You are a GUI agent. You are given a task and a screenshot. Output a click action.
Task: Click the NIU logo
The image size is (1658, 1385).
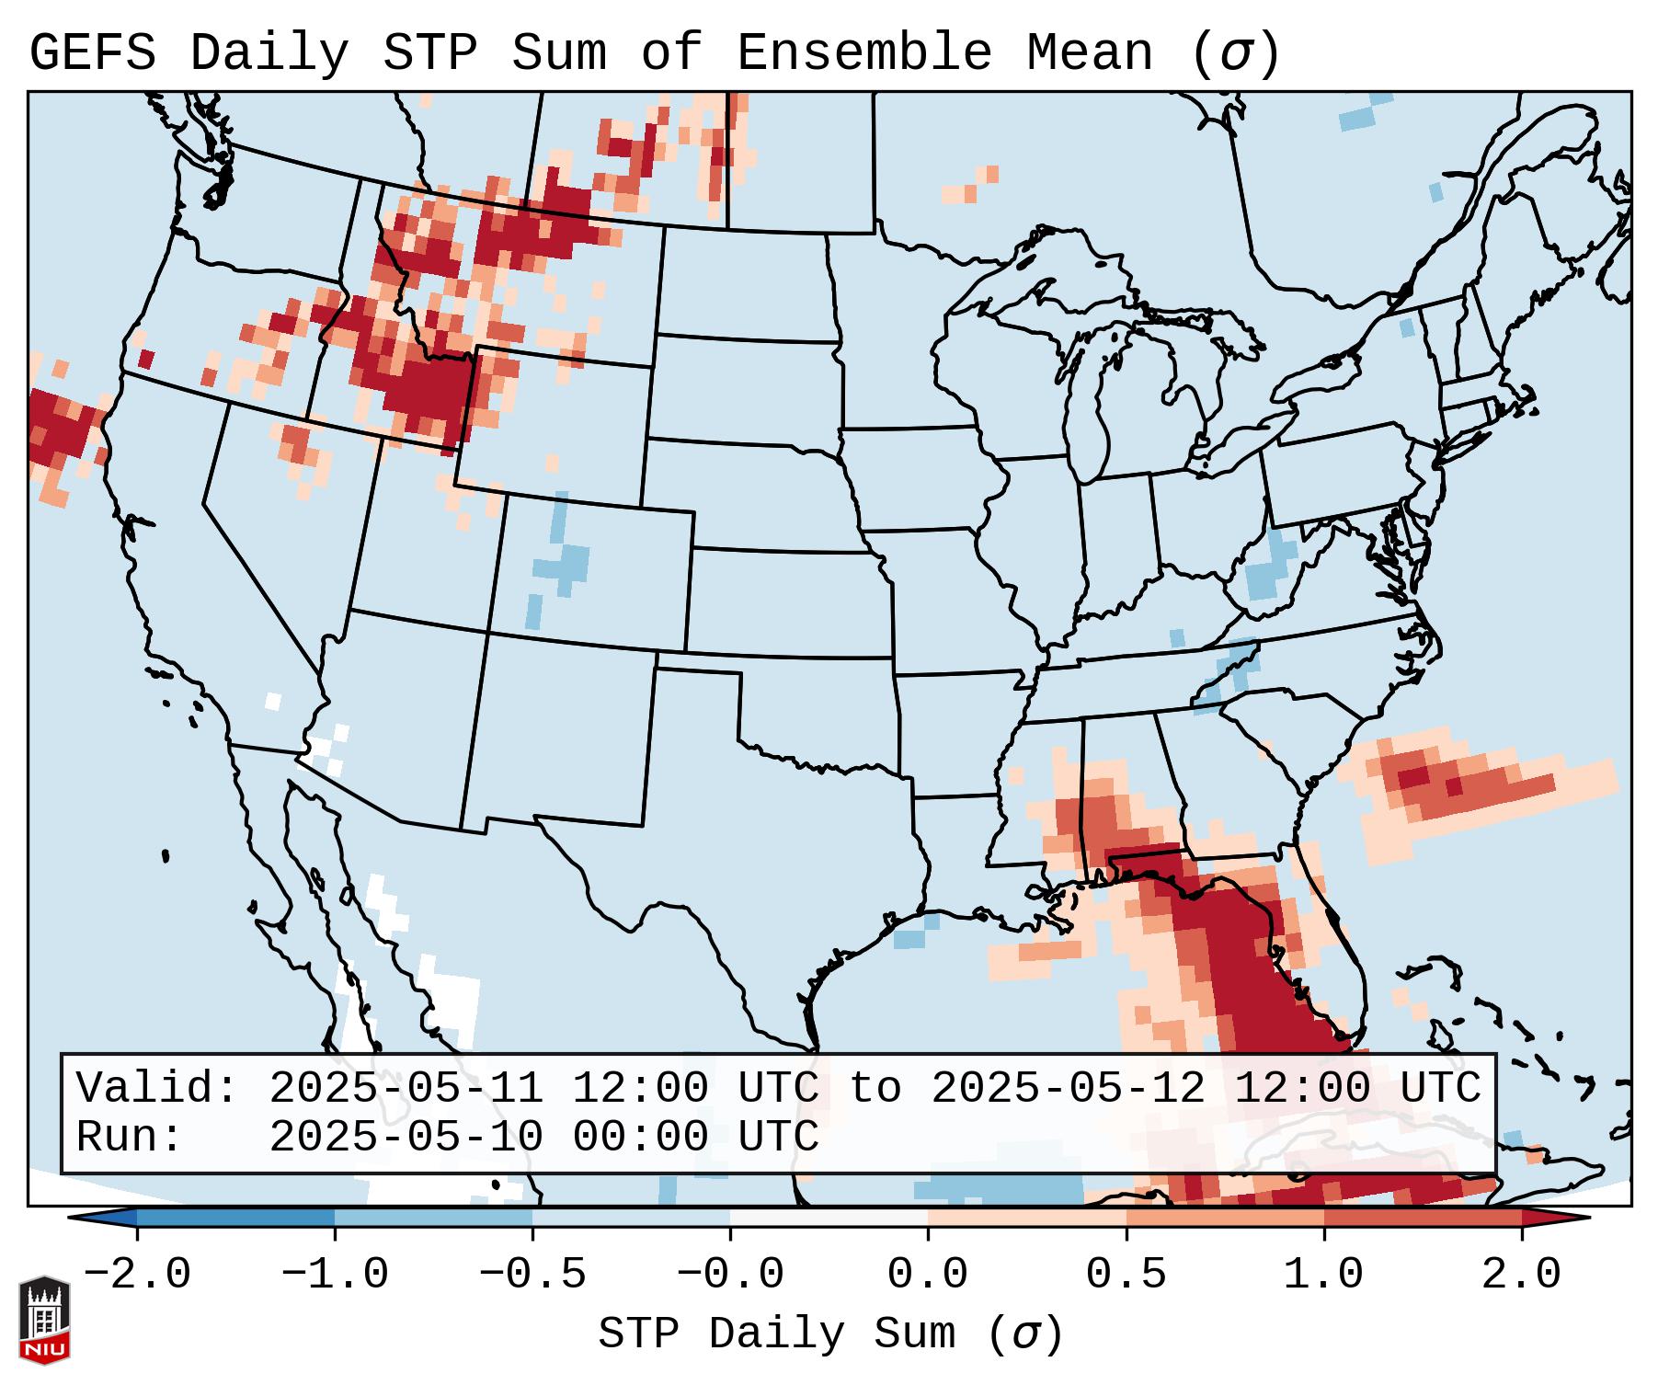coord(44,1320)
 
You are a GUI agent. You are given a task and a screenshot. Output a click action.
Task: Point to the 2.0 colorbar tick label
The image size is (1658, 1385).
coord(1521,1275)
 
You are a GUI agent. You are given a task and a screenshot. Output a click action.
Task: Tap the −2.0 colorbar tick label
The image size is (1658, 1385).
coord(137,1275)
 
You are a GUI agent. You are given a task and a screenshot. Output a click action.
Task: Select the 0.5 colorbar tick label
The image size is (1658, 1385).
coord(1126,1275)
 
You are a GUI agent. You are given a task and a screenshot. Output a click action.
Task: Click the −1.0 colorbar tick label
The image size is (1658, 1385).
coord(335,1275)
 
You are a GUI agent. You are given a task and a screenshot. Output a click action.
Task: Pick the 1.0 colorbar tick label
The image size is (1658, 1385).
coord(1323,1275)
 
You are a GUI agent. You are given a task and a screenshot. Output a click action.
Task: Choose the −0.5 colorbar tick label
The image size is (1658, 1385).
coord(532,1275)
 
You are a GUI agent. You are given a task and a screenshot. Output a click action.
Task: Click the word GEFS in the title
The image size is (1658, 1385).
coord(93,53)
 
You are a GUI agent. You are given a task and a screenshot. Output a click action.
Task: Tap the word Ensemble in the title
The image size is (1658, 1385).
coord(863,53)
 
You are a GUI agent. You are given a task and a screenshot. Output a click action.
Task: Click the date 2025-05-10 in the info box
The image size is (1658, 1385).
coord(406,1137)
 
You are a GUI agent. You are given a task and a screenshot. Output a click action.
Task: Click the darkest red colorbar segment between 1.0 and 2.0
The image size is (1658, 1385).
coord(1423,1218)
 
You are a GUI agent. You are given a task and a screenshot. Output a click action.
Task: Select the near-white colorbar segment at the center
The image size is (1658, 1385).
coord(829,1218)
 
